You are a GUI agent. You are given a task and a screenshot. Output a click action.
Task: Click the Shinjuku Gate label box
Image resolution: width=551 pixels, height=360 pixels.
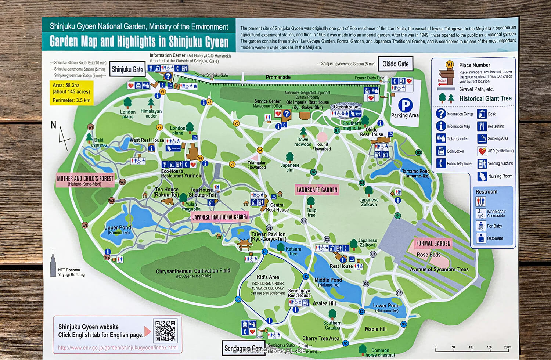click(x=127, y=69)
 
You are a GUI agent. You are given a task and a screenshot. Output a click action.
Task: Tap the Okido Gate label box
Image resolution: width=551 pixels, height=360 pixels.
click(x=395, y=64)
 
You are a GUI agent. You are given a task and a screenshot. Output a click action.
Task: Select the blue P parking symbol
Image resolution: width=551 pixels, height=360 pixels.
click(x=405, y=105)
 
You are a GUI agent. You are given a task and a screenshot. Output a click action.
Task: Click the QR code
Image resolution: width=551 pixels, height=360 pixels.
click(x=165, y=331)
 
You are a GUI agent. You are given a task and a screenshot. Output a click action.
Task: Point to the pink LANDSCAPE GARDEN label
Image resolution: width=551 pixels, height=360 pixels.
click(x=317, y=190)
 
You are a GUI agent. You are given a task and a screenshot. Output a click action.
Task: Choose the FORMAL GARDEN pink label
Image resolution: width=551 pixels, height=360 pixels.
click(x=433, y=243)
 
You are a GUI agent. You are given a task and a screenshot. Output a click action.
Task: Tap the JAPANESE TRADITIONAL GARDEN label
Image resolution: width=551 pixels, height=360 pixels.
click(x=220, y=217)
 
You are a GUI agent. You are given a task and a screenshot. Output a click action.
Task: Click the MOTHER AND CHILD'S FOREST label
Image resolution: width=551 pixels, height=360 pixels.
click(x=85, y=180)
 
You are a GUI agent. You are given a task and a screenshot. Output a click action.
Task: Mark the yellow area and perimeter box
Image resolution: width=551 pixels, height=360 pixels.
click(x=72, y=93)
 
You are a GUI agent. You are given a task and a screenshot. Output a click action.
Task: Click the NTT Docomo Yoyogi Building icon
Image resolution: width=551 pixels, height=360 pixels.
click(x=53, y=263)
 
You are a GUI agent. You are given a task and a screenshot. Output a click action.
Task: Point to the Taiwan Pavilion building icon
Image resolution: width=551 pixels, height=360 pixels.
click(x=244, y=244)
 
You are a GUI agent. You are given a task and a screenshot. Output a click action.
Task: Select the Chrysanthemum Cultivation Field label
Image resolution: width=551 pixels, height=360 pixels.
click(x=193, y=272)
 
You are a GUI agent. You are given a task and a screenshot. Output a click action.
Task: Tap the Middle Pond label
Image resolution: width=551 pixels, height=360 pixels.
click(x=328, y=282)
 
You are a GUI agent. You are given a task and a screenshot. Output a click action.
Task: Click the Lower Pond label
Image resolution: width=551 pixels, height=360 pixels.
click(x=386, y=307)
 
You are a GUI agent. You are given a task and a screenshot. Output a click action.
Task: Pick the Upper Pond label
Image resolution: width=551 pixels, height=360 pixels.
click(x=118, y=230)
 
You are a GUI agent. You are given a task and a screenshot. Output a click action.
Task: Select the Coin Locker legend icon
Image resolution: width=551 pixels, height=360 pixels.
click(x=441, y=151)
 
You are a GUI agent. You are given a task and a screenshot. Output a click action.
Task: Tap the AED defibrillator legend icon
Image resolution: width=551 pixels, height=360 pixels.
click(x=482, y=151)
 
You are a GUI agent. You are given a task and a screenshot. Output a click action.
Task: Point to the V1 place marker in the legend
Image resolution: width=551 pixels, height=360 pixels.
click(x=450, y=65)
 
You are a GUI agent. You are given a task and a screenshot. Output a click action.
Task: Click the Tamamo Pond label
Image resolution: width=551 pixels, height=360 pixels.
click(x=415, y=173)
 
